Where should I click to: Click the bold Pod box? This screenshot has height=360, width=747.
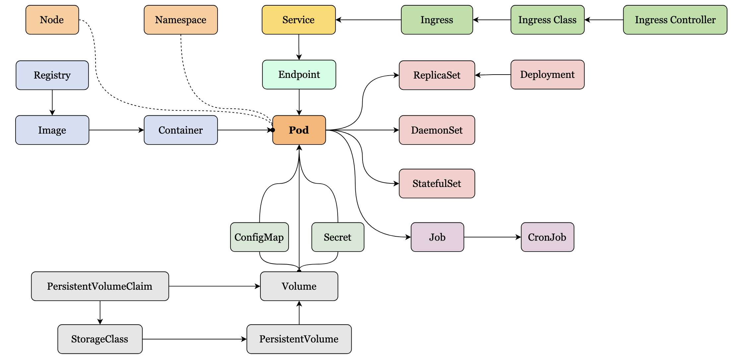[299, 130]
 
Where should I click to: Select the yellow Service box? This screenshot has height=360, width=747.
[299, 20]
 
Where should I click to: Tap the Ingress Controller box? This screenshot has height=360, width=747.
[675, 20]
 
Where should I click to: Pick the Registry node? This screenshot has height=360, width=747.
[52, 75]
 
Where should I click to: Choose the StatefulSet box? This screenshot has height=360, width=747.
[437, 184]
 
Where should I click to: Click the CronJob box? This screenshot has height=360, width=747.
[547, 237]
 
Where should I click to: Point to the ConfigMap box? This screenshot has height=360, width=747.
[259, 237]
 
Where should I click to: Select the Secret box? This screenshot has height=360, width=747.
[338, 237]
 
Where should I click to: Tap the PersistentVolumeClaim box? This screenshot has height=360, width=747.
[100, 286]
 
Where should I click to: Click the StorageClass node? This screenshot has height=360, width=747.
[100, 339]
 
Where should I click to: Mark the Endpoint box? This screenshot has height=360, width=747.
[299, 75]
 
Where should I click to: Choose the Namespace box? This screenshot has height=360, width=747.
[181, 20]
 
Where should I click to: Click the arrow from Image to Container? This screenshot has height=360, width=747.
[116, 130]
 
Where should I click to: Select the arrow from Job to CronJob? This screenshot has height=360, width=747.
[492, 237]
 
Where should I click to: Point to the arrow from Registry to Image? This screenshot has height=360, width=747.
[52, 102]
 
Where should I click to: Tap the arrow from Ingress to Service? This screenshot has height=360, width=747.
[368, 20]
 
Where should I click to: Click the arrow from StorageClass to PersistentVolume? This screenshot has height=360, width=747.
[194, 339]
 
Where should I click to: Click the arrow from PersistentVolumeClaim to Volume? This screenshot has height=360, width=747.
[214, 286]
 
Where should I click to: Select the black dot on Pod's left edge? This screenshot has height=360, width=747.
[273, 130]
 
